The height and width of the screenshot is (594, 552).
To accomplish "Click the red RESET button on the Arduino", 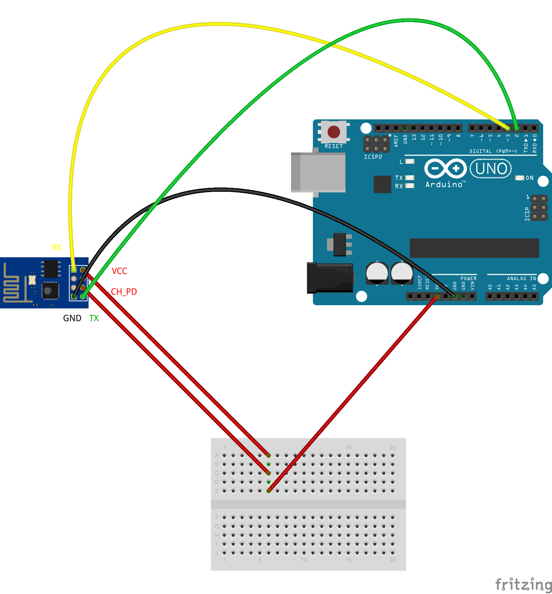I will click(x=333, y=132).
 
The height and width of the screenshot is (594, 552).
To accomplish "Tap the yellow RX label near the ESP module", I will click(x=57, y=247).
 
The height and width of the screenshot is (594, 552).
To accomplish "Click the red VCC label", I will click(x=119, y=271).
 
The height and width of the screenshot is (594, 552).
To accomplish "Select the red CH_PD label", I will click(x=124, y=292).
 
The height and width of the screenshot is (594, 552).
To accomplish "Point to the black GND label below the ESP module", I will click(x=72, y=318).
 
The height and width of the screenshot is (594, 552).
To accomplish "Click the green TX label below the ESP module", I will click(x=94, y=318).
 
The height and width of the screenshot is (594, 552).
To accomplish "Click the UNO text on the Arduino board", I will click(x=491, y=169).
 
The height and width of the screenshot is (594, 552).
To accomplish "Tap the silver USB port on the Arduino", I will click(x=318, y=172).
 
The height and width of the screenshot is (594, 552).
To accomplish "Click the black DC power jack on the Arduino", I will click(x=330, y=278).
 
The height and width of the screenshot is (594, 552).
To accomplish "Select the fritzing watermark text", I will click(x=523, y=584).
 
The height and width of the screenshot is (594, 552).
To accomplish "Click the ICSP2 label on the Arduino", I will click(x=373, y=157).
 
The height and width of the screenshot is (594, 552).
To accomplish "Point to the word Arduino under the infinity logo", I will click(x=444, y=185).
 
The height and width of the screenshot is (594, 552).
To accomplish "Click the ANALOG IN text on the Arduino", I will click(x=521, y=278).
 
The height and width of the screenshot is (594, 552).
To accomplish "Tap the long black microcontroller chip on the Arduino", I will click(x=474, y=248).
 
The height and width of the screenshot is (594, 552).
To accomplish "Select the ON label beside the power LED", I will click(x=530, y=178).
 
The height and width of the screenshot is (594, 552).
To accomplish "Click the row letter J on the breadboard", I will click(x=217, y=553).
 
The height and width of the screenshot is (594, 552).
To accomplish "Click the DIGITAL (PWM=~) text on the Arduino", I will click(x=493, y=151).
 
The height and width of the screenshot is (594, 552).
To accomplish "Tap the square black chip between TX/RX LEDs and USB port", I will click(x=382, y=184).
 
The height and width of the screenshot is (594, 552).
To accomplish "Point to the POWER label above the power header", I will click(x=468, y=278).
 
